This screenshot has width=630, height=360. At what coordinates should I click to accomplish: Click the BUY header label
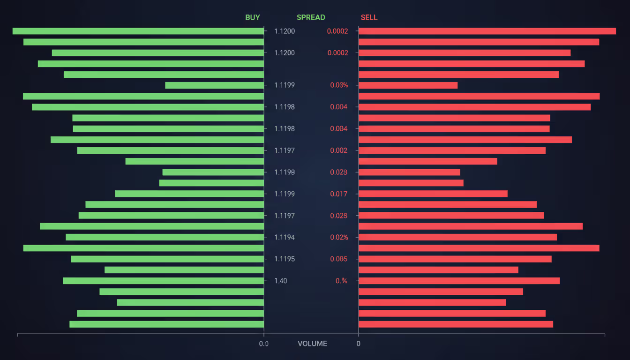[x=252, y=17]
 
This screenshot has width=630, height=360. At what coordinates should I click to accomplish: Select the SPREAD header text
[x=311, y=17]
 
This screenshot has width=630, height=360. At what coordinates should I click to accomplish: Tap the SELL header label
[x=369, y=17]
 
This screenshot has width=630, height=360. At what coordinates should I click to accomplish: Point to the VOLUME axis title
[x=312, y=344]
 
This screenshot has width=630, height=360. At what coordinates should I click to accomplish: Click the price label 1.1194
[x=285, y=237]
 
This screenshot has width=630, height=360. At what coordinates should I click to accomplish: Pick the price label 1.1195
[x=285, y=259]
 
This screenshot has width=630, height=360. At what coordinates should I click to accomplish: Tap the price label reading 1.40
[x=281, y=281]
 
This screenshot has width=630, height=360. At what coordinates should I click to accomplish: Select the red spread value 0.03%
[x=339, y=85]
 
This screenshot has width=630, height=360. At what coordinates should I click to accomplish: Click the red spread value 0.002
[x=339, y=150]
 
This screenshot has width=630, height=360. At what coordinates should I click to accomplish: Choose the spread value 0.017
[x=339, y=194]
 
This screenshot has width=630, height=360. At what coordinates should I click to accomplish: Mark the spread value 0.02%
[x=339, y=237]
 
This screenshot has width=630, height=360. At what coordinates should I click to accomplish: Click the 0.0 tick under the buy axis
[x=264, y=344]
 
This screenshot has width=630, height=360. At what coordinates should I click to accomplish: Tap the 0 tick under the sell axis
[x=359, y=344]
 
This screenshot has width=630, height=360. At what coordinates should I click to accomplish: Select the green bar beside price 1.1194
[x=165, y=237]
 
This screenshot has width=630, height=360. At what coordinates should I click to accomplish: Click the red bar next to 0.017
[x=433, y=194]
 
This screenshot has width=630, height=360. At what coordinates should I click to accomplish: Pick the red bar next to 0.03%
[x=408, y=85]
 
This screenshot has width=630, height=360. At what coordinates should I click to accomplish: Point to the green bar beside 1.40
[x=163, y=281]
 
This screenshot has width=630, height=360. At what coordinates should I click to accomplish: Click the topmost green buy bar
[x=138, y=31]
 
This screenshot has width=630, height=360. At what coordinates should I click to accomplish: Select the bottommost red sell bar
[x=456, y=324]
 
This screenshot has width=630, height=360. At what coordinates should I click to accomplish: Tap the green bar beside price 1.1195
[x=167, y=259]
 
